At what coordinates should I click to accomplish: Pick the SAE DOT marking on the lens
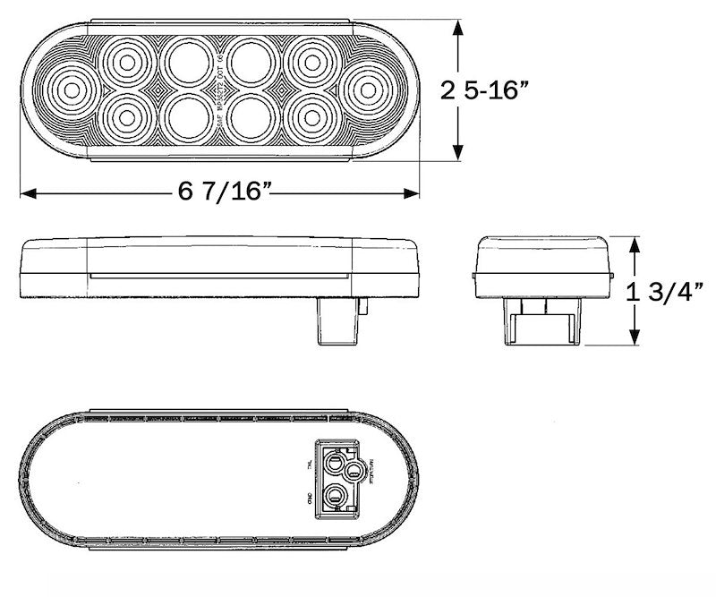(217, 90)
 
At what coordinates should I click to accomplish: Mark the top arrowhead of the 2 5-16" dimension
(458, 27)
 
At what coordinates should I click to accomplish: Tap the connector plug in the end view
(541, 321)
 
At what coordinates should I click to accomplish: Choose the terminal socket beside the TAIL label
(336, 462)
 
